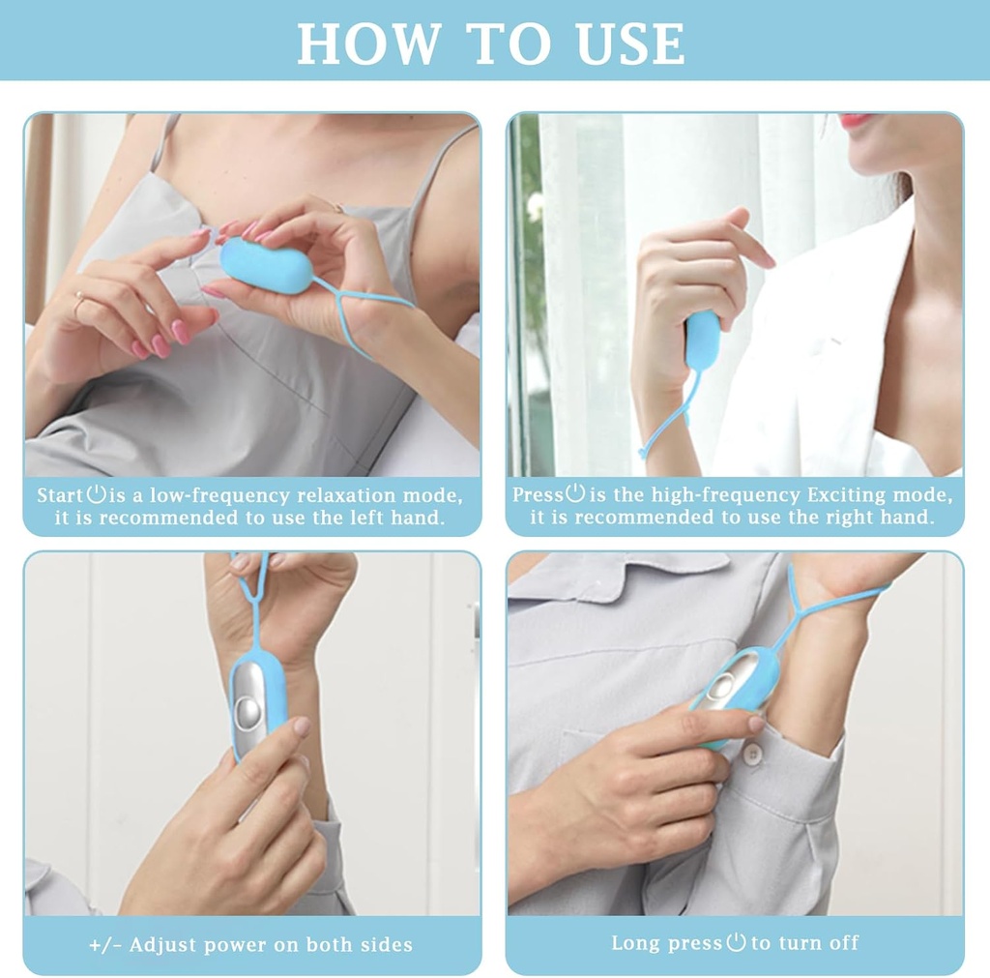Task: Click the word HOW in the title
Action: tap(366, 44)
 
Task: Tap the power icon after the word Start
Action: tap(96, 494)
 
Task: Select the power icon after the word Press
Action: tap(575, 493)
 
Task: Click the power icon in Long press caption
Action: tap(736, 941)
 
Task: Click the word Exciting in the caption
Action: tap(841, 495)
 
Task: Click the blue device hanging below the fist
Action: tap(702, 341)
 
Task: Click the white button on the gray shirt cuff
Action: tap(750, 753)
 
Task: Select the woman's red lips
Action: tap(856, 121)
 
